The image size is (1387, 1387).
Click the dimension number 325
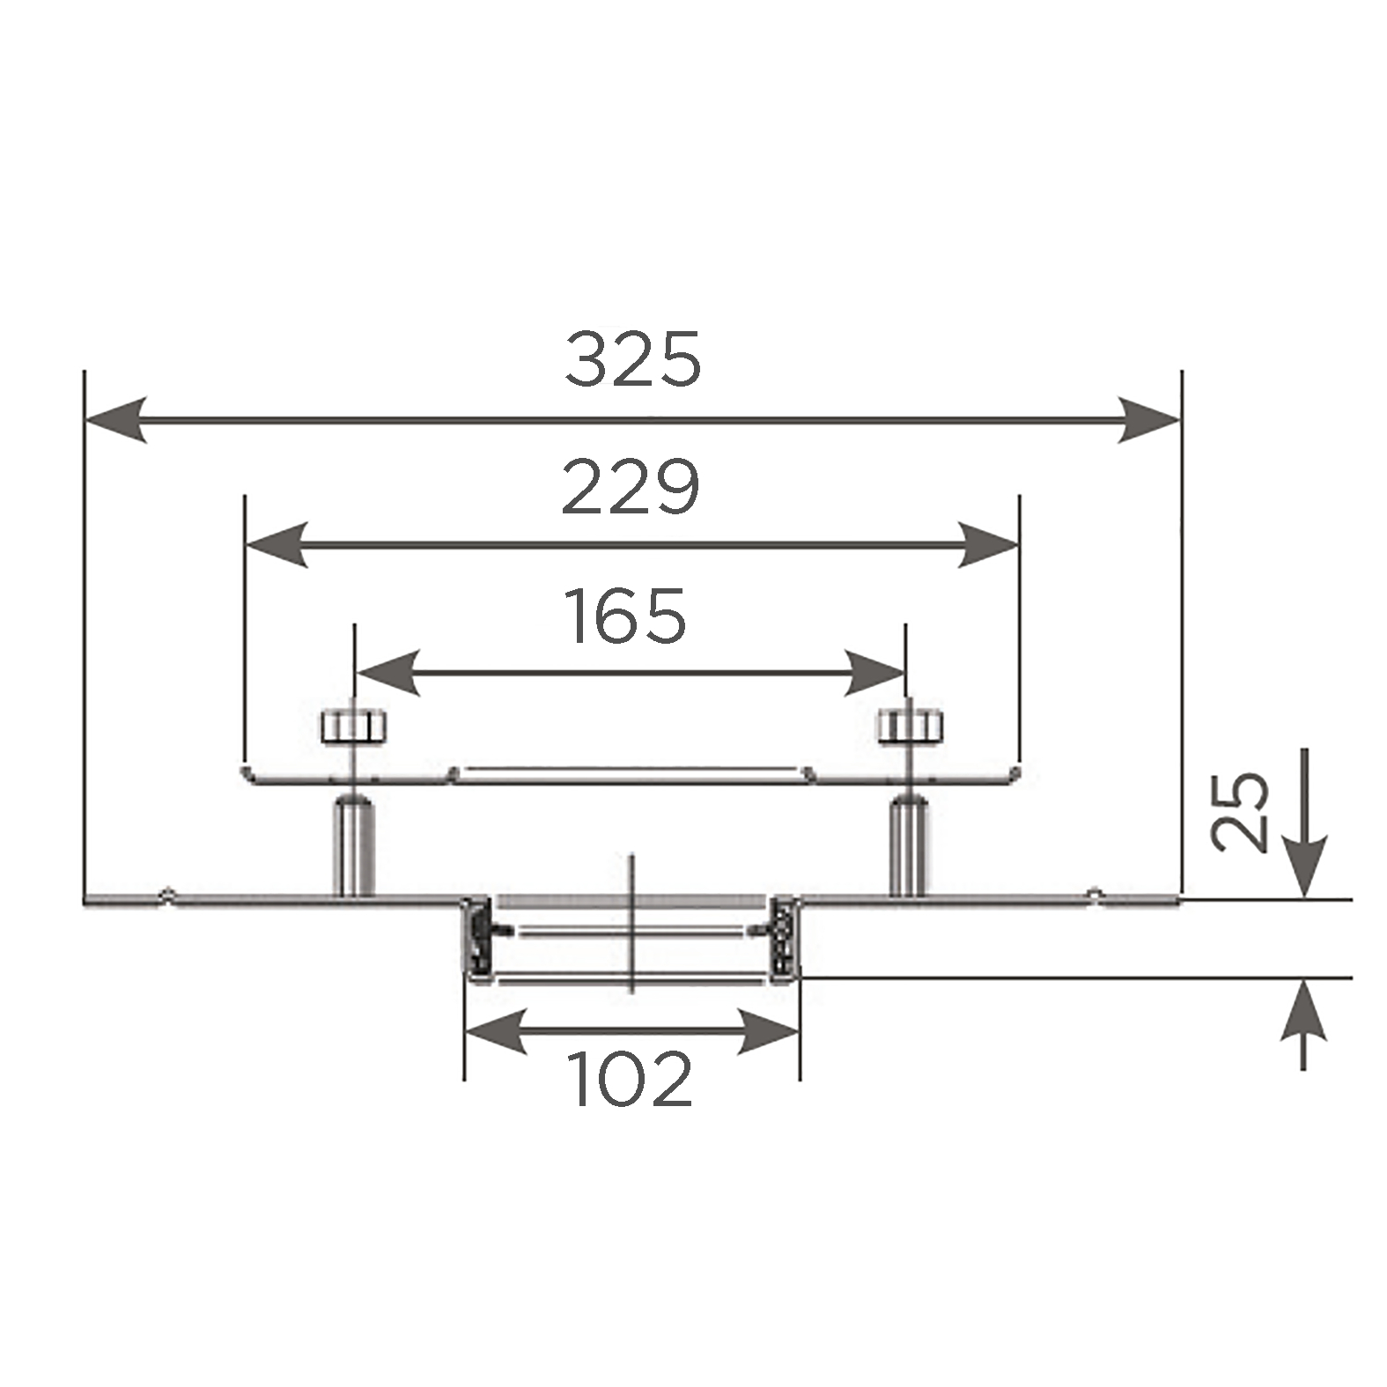point(632,358)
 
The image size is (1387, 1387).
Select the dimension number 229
point(631,487)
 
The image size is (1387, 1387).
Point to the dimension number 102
point(632,1080)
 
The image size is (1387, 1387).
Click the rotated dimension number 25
point(1240,812)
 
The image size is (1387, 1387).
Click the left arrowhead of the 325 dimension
point(115,419)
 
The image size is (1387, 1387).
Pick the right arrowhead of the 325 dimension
point(1149,419)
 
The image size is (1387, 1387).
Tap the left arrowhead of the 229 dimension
point(277,545)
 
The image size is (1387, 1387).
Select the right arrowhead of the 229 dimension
point(987,545)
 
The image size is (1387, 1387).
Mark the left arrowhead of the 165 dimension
point(387,674)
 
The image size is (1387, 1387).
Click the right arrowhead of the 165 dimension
point(874,674)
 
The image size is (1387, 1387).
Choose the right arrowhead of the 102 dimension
point(768,1031)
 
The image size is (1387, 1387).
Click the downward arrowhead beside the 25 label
point(1304,868)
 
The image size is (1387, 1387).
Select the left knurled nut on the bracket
point(353,726)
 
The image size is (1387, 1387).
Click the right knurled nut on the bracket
point(909,726)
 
